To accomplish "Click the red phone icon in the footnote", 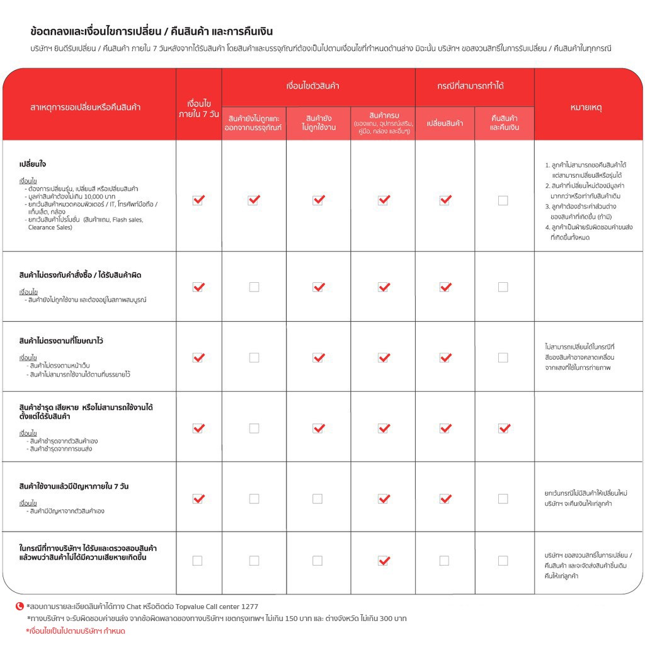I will [x=20, y=607].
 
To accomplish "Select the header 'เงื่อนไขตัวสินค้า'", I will [x=318, y=86].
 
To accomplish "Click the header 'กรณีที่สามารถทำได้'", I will [x=474, y=86].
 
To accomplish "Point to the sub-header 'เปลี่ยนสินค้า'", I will [x=445, y=123].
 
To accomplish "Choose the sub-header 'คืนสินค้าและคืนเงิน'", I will [x=504, y=123].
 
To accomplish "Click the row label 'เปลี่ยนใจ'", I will [x=33, y=164].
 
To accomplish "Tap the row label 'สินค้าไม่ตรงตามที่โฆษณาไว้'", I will [x=61, y=341].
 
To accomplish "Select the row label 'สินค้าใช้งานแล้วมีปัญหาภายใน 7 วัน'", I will [x=74, y=486].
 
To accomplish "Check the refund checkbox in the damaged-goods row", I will [x=503, y=428].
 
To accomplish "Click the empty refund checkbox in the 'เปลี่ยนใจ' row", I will [x=503, y=200].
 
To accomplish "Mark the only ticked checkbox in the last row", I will [x=383, y=561].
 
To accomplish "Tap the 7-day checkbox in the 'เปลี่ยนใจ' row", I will [x=198, y=200].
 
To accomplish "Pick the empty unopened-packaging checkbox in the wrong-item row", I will [x=254, y=287].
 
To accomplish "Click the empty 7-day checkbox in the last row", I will [x=197, y=561].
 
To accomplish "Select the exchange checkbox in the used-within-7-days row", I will [x=445, y=499].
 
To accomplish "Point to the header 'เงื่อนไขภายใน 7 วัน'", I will [x=198, y=108].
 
